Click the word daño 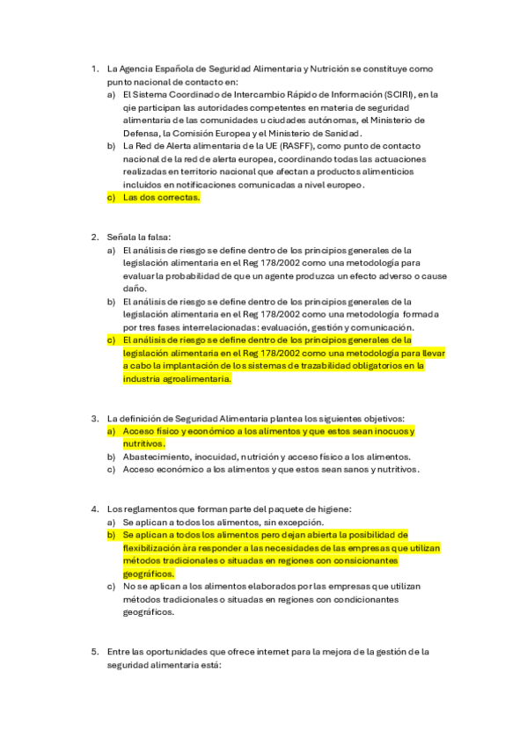[135, 289]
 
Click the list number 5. [94, 652]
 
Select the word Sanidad [341, 133]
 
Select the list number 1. [94, 68]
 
